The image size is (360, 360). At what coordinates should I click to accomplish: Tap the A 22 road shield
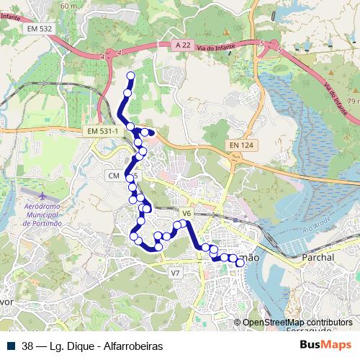click(184, 45)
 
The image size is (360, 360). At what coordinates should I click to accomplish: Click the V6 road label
click(186, 213)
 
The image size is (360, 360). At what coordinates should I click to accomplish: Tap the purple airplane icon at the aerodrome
click(42, 196)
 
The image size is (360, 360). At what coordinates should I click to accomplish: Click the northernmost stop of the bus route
click(130, 76)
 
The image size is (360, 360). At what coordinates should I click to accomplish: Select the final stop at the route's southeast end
click(240, 264)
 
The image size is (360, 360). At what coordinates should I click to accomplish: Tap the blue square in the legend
click(11, 346)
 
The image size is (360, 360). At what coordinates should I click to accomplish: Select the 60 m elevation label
click(69, 6)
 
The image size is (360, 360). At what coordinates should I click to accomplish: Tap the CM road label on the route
click(113, 176)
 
